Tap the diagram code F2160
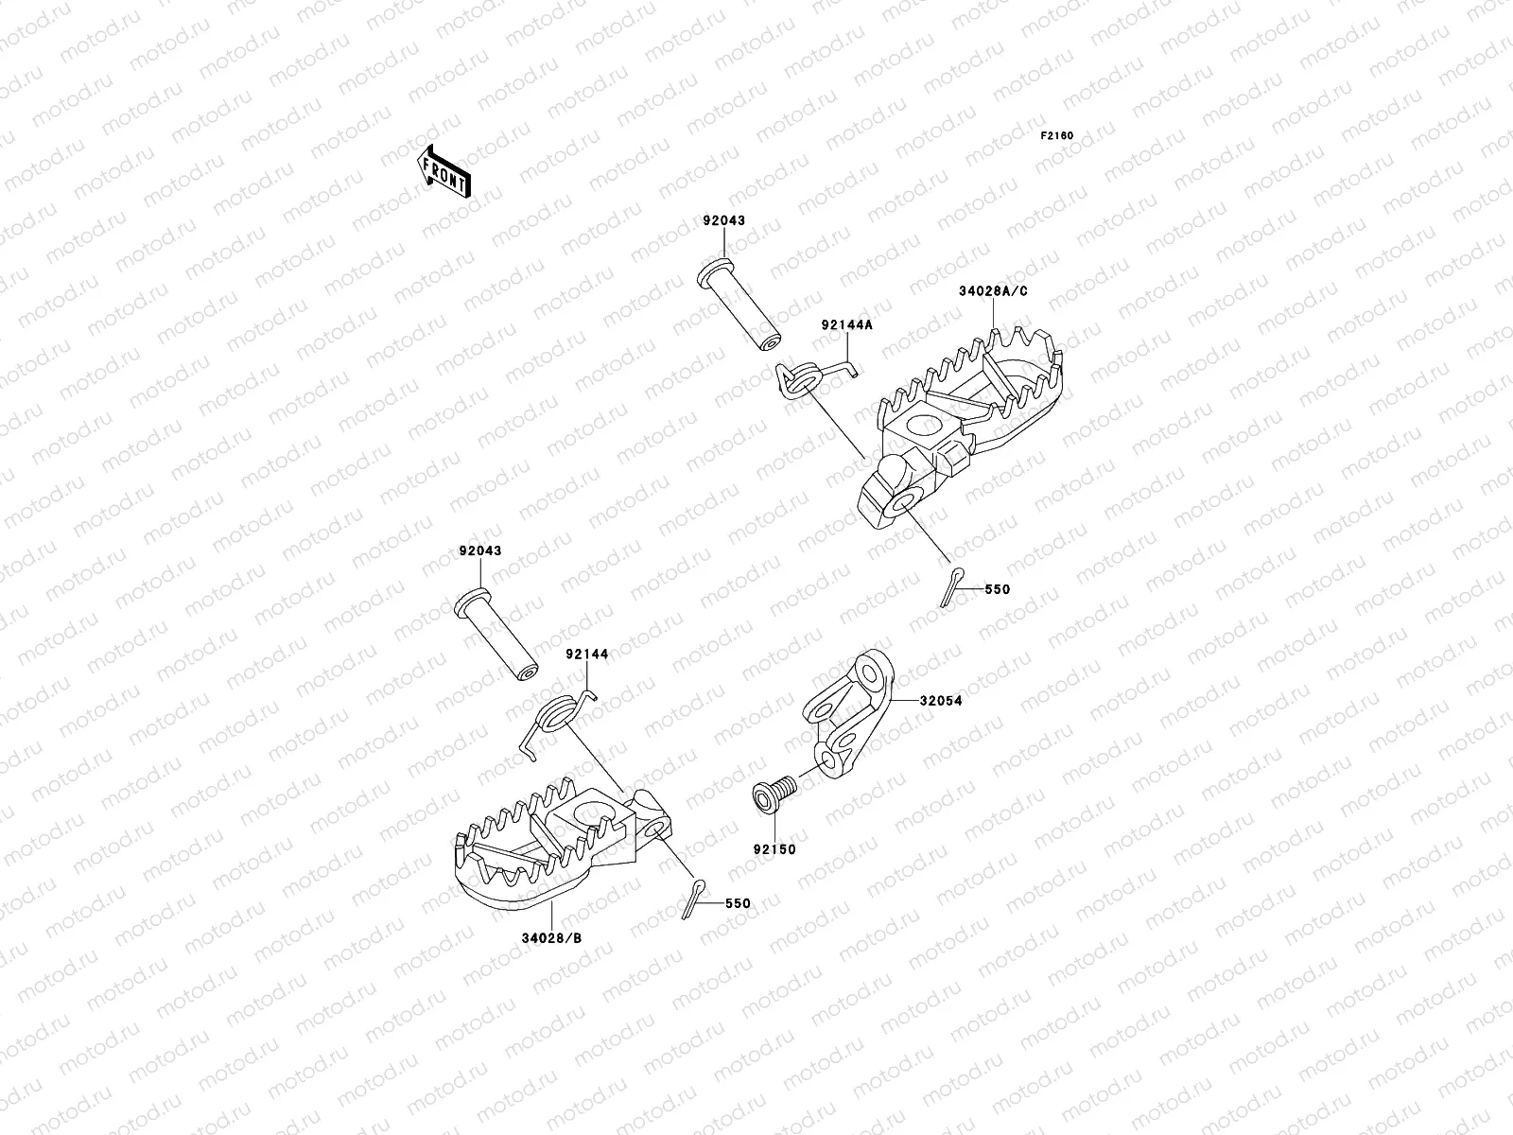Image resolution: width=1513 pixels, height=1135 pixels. [x=1057, y=136]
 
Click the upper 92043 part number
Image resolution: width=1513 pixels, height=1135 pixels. [x=723, y=220]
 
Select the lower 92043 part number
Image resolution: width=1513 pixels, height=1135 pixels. [x=480, y=550]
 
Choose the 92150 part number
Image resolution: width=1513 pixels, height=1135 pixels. [x=774, y=849]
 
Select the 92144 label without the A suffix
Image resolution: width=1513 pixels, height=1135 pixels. [x=587, y=654]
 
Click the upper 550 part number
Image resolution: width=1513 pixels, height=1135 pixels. [x=997, y=589]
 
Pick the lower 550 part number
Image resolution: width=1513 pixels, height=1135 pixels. [x=738, y=903]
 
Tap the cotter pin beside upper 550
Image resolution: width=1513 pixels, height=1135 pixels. [x=953, y=585]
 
